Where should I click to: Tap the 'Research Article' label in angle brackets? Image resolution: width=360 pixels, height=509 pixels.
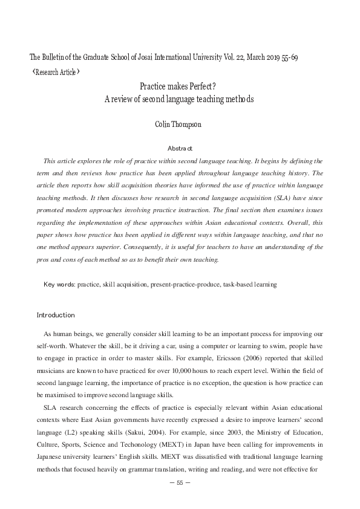[53, 72]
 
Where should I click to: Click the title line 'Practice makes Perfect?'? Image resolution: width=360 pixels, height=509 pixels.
[180, 87]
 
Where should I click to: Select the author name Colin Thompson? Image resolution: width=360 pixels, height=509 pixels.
[180, 125]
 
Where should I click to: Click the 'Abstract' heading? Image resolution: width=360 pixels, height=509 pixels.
[180, 148]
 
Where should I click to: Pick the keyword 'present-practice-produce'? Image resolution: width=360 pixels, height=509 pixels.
[185, 284]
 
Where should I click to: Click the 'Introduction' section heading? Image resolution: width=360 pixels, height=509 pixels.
[56, 315]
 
